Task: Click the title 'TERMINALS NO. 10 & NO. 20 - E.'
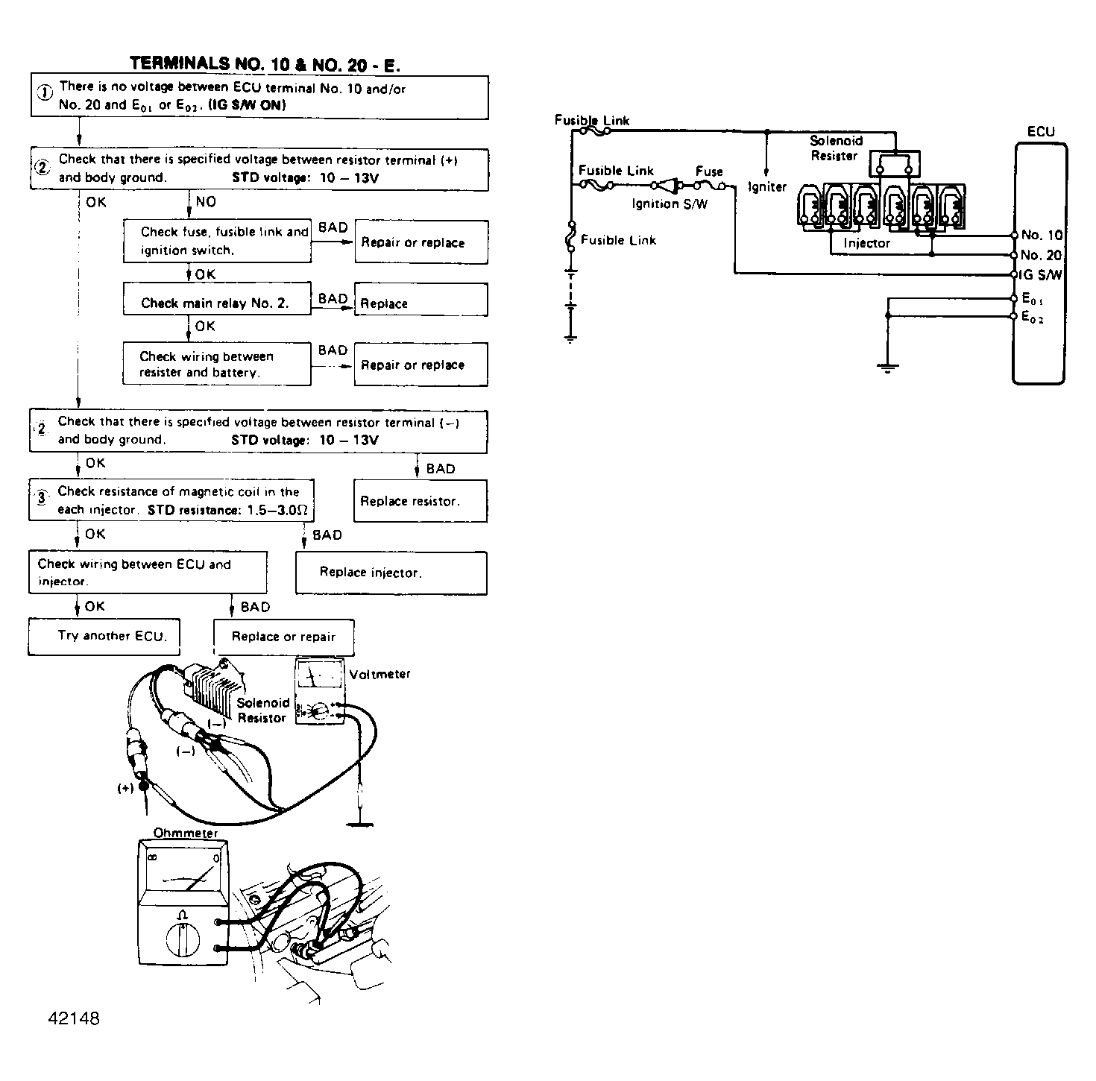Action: pos(265,64)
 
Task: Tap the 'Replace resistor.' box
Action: pos(420,501)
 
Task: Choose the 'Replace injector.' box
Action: pos(391,573)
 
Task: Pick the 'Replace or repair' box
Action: pos(283,637)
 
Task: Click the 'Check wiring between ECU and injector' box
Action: pos(148,573)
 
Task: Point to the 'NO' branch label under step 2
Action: pos(206,202)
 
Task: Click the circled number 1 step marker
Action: pos(45,92)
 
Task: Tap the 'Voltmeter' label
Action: pos(379,674)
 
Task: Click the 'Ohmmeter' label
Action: pos(186,833)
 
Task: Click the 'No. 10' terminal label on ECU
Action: pos(1042,236)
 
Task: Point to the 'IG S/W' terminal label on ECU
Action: pos(1041,275)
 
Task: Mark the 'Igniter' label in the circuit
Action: pos(767,187)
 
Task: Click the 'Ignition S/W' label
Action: pos(670,204)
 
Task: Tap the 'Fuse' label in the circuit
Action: pos(709,171)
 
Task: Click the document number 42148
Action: pos(73,1018)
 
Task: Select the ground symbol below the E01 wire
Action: pos(887,366)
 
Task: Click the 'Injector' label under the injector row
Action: pos(866,243)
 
